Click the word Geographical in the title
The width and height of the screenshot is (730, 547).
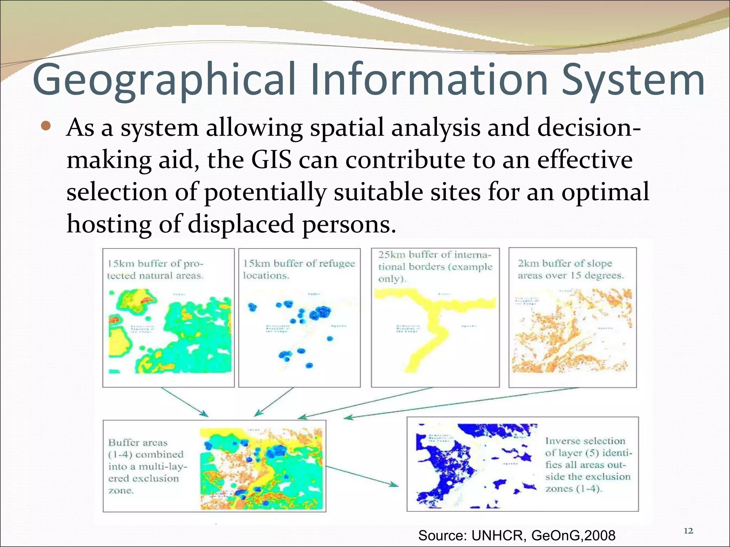[x=164, y=80]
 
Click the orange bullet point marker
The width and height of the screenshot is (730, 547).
[x=46, y=126]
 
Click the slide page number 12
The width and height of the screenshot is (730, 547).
[x=689, y=531]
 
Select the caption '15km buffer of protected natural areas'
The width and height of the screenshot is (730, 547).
[x=155, y=270]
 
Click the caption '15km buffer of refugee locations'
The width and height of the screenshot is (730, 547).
[x=299, y=269]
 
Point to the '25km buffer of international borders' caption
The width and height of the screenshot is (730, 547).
[x=435, y=266]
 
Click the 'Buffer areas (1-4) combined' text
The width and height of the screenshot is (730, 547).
[x=146, y=466]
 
